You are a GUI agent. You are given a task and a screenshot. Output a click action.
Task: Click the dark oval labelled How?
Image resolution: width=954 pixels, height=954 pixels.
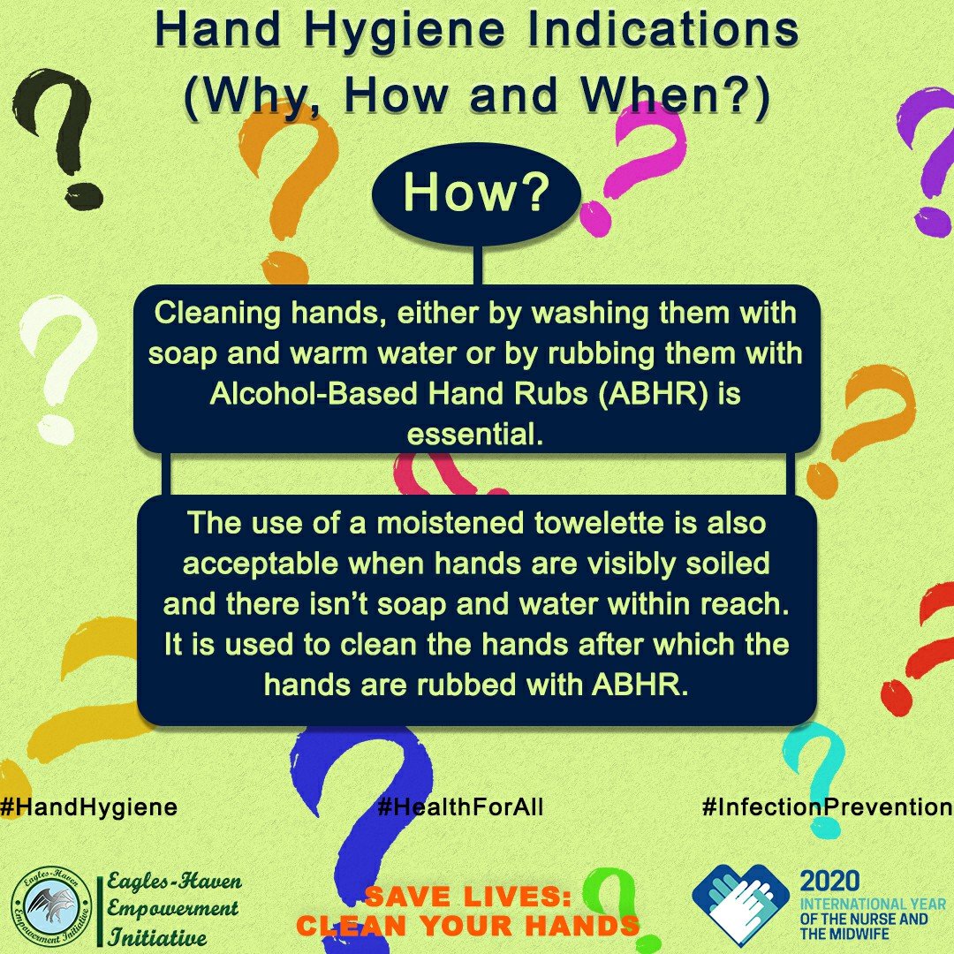click(x=476, y=194)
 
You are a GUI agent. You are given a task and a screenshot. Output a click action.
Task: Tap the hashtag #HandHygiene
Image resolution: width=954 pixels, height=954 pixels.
click(x=89, y=806)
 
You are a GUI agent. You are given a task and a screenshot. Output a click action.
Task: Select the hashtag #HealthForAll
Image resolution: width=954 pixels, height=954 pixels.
click(x=460, y=806)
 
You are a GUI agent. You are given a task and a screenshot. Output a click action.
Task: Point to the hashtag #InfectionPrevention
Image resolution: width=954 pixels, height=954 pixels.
click(x=827, y=806)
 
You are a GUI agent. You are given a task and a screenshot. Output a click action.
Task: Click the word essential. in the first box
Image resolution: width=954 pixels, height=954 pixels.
click(x=474, y=435)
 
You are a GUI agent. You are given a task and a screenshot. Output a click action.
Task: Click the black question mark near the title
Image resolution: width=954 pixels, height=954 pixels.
click(x=57, y=139)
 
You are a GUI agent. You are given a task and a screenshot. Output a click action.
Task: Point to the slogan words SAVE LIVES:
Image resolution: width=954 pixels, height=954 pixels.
click(x=468, y=897)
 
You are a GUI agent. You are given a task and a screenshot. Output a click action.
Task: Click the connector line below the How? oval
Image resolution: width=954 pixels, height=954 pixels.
click(x=477, y=265)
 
